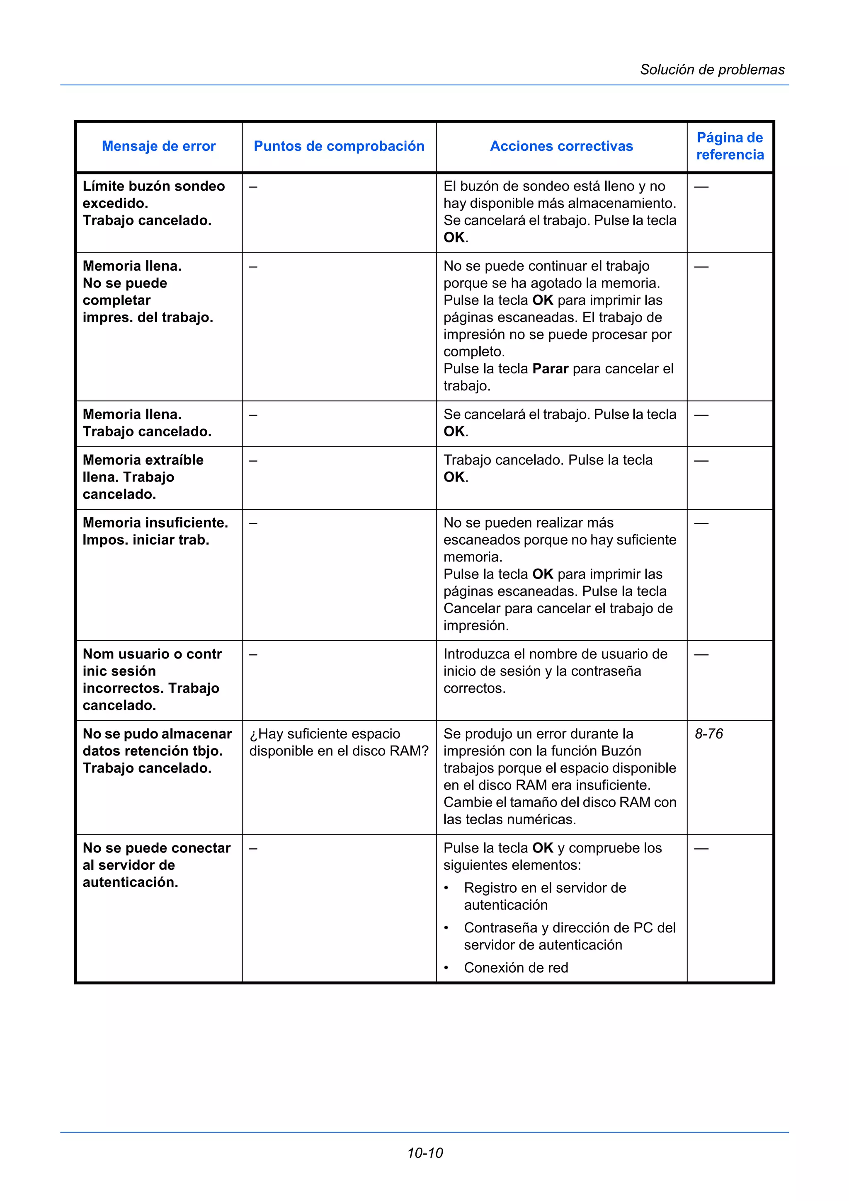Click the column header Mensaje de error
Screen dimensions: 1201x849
click(x=158, y=146)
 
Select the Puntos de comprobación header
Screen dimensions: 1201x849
click(x=339, y=146)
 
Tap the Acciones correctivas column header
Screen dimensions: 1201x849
click(x=561, y=146)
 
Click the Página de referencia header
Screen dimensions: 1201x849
click(x=730, y=146)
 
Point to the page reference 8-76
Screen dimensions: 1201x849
click(x=709, y=734)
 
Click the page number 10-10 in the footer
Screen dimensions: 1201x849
click(x=425, y=1153)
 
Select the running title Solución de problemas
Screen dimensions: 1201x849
click(x=712, y=70)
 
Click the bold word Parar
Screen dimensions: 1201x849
click(x=550, y=369)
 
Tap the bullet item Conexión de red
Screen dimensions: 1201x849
click(x=516, y=968)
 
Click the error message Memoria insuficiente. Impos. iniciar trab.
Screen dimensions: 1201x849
click(x=155, y=531)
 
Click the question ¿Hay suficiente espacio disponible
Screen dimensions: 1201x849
click(x=338, y=742)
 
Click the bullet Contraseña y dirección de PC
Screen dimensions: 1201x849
click(x=569, y=936)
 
